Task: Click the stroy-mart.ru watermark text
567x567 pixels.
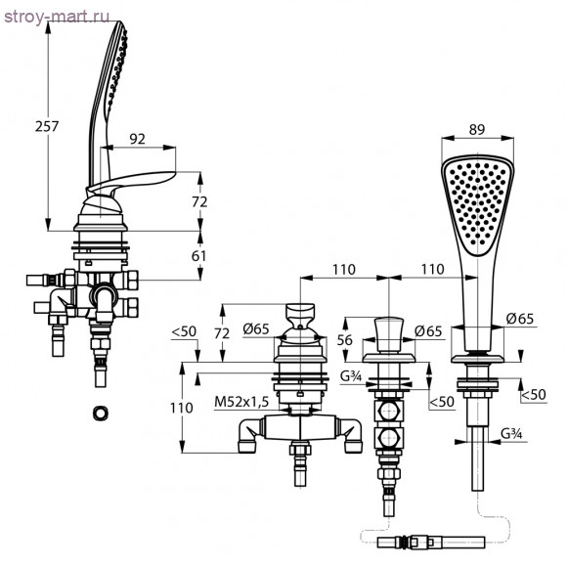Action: pos(57,17)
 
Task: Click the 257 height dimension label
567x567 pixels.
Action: pos(47,126)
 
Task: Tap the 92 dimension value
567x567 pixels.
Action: pos(138,139)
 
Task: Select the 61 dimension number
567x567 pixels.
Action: pos(198,256)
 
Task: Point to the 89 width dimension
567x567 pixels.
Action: pos(477,129)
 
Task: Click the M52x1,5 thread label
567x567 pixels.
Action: pos(241,402)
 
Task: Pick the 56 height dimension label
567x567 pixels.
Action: pos(344,340)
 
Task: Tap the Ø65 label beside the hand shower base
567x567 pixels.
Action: pos(520,319)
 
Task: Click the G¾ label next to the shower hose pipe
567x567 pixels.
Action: pos(511,434)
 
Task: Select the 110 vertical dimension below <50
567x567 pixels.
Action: pos(182,408)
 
